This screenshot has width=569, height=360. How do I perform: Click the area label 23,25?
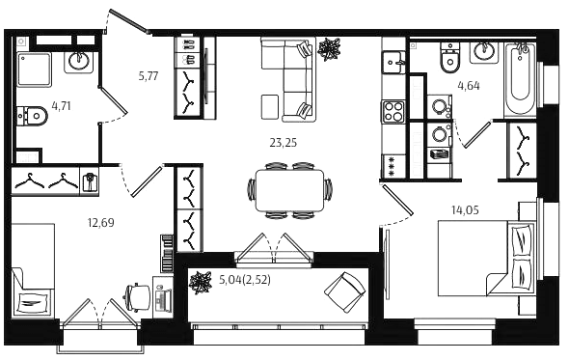[283, 143]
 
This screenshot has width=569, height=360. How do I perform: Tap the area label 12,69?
[101, 222]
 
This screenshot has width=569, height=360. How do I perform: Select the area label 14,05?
[465, 210]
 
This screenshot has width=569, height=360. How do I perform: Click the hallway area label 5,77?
[149, 76]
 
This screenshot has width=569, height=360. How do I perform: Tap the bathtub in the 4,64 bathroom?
[520, 79]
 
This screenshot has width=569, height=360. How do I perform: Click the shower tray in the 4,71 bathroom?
[34, 69]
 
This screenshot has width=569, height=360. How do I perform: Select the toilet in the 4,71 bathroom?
[32, 116]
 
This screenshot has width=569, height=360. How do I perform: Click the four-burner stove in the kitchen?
[393, 112]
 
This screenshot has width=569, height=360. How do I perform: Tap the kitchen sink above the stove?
[393, 62]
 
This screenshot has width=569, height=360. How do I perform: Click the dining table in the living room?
[289, 190]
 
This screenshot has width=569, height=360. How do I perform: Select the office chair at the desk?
[138, 297]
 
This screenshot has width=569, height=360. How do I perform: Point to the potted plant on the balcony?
[201, 283]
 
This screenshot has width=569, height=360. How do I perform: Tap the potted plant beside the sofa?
[329, 49]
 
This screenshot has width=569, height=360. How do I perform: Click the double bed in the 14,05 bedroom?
[486, 258]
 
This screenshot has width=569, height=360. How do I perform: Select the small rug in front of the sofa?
[270, 106]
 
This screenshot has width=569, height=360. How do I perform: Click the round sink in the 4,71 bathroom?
[79, 61]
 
